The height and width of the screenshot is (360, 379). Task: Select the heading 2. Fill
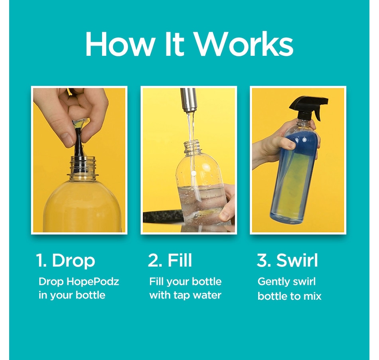(x=170, y=260)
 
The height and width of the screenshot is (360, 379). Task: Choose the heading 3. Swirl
(x=287, y=260)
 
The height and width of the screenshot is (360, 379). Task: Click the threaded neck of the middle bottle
(x=192, y=148)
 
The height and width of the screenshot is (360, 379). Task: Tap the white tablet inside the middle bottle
(x=192, y=174)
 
